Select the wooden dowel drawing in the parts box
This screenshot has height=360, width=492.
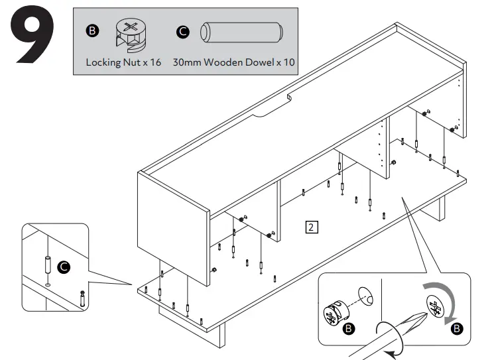(x=241, y=33)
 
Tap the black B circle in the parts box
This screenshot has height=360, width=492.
(x=92, y=31)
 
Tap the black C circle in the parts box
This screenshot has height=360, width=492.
(x=183, y=31)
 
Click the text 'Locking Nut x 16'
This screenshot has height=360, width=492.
(x=123, y=62)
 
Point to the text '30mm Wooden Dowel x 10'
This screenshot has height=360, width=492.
(x=233, y=62)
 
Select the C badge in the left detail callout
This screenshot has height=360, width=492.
(x=64, y=267)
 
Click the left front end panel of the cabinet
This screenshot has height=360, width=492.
(x=172, y=215)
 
